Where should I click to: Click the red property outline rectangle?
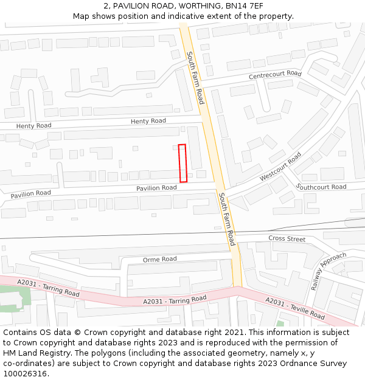[x=182, y=163]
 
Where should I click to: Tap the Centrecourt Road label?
[x=275, y=75]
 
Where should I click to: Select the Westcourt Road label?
[x=280, y=166]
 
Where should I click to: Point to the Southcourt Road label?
[x=321, y=187]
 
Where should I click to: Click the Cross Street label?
[x=287, y=239]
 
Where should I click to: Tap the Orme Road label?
[x=159, y=259]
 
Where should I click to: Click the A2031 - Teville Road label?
[x=294, y=308]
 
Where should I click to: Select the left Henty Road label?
[x=33, y=126]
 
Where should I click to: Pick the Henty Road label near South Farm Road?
[x=148, y=121]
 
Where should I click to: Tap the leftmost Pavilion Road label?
[x=30, y=193]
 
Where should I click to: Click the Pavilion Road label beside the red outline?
[x=156, y=188]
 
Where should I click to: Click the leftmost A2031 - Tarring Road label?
[x=48, y=288]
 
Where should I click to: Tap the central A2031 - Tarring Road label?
[x=175, y=300]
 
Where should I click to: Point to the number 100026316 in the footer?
[x=24, y=373]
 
